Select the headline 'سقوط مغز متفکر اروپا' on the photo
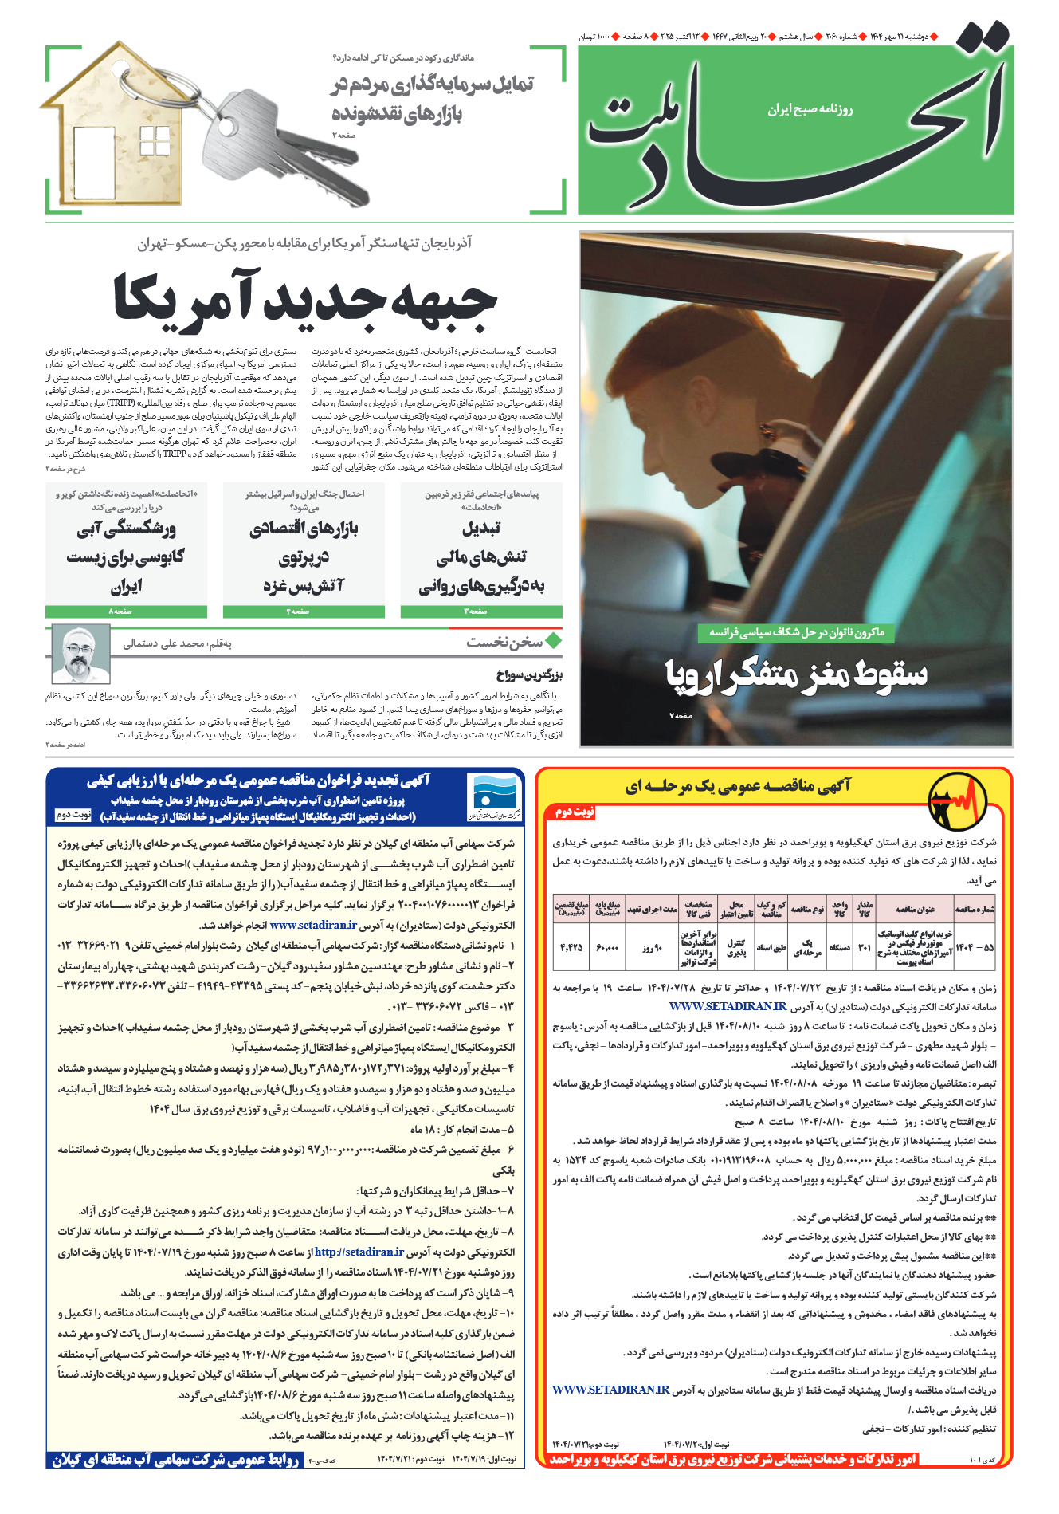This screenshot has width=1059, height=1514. [796, 675]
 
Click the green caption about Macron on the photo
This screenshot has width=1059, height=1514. [796, 632]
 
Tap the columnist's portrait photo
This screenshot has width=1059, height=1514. [80, 654]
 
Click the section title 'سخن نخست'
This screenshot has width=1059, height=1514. [504, 642]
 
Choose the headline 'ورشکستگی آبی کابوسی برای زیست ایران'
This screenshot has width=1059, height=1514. [126, 556]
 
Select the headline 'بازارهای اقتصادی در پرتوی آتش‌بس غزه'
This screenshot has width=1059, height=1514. [304, 556]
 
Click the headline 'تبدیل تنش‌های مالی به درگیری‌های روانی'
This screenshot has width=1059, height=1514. [481, 556]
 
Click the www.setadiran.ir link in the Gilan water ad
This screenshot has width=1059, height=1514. [313, 925]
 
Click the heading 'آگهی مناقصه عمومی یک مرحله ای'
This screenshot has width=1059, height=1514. [737, 786]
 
